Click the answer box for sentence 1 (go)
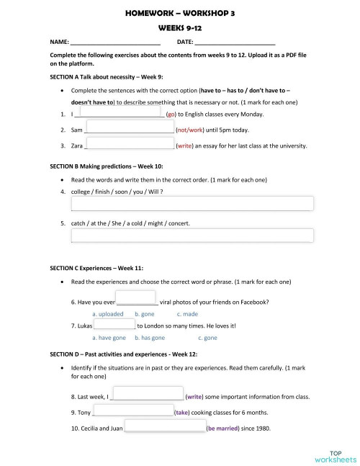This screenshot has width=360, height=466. (x=120, y=112)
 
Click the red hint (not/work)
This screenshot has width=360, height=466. (x=191, y=130)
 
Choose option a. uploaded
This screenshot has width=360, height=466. (x=108, y=314)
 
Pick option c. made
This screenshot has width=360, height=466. (x=187, y=314)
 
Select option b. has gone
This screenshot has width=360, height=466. (x=150, y=337)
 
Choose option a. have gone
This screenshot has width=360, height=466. (x=109, y=337)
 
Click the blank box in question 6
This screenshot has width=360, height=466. (x=136, y=297)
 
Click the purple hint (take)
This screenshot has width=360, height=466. (x=182, y=413)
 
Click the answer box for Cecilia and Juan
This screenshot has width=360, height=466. (x=165, y=428)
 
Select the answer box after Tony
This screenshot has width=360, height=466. (x=133, y=412)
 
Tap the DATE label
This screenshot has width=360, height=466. (x=185, y=43)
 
